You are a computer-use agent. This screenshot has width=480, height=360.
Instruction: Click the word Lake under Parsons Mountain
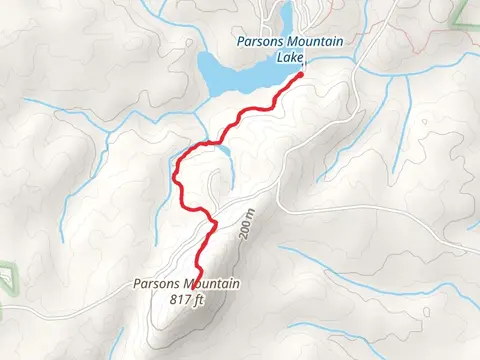[290, 56]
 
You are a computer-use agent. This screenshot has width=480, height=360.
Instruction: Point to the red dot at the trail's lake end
[300, 74]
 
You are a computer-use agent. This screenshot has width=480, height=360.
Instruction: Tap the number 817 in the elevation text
[182, 298]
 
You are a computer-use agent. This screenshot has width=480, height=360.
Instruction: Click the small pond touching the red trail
[223, 151]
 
